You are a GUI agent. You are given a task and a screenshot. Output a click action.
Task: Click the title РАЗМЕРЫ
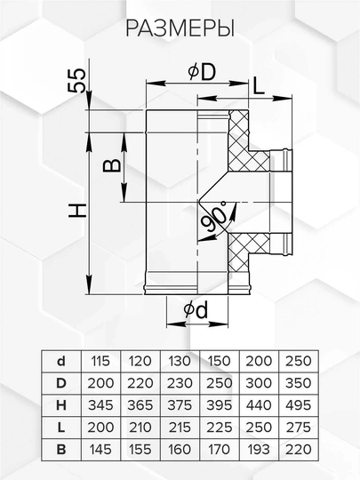pyautogui.click(x=180, y=28)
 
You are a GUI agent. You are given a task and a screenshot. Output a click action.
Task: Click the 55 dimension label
pyautogui.click(x=76, y=80)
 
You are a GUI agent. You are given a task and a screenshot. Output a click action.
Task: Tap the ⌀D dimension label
pyautogui.click(x=202, y=72)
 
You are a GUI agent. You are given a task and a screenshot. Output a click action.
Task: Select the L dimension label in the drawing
pyautogui.click(x=259, y=86)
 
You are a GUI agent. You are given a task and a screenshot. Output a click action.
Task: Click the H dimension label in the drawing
pyautogui.click(x=77, y=211)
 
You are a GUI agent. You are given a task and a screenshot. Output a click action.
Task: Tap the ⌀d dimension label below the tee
pyautogui.click(x=196, y=310)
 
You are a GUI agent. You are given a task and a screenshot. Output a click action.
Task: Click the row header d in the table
pyautogui.click(x=61, y=361)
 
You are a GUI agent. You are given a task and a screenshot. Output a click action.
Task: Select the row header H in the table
pyautogui.click(x=61, y=405)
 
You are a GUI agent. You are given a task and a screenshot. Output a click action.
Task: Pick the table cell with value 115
pyautogui.click(x=100, y=361)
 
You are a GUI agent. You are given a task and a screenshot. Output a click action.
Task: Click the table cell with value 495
pyautogui.click(x=298, y=405)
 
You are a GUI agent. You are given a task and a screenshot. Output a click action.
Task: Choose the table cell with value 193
pyautogui.click(x=259, y=450)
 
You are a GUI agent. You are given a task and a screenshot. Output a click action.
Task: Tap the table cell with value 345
pyautogui.click(x=100, y=405)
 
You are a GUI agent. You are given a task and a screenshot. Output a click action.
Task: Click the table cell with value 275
pyautogui.click(x=298, y=428)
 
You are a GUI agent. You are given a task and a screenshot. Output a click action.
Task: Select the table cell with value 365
pyautogui.click(x=140, y=405)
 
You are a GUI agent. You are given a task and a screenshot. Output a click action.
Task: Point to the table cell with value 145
pyautogui.click(x=100, y=450)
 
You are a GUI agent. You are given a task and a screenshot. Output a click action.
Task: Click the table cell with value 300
pyautogui.click(x=259, y=383)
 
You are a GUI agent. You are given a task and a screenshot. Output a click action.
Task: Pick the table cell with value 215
pyautogui.click(x=180, y=428)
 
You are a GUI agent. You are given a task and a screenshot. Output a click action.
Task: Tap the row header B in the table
pyautogui.click(x=61, y=450)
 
